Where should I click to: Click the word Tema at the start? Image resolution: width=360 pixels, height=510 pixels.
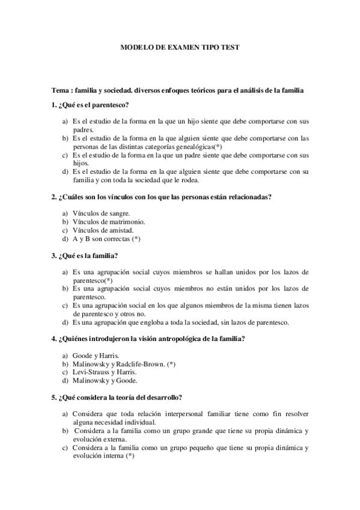(61, 90)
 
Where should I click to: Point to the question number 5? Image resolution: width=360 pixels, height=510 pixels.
(54, 398)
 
